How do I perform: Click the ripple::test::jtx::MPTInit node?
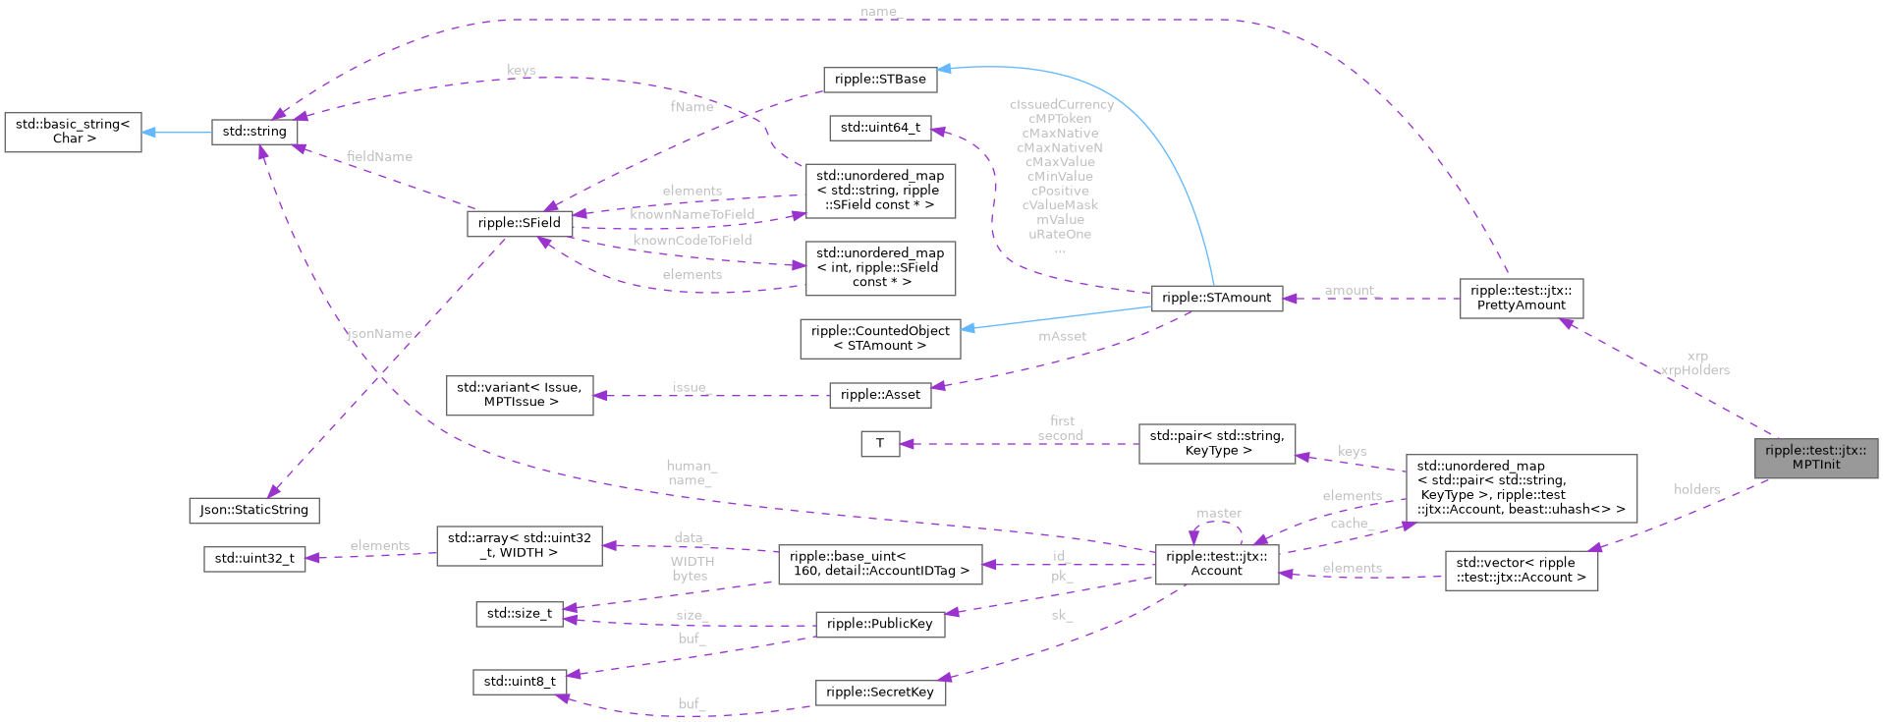pyautogui.click(x=1815, y=458)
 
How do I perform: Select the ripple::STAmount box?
pyautogui.click(x=1216, y=298)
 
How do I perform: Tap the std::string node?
pyautogui.click(x=254, y=132)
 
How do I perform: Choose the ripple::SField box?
pyautogui.click(x=519, y=223)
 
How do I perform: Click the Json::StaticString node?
pyautogui.click(x=254, y=510)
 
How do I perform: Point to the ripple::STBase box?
pyautogui.click(x=880, y=80)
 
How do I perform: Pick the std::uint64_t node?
pyautogui.click(x=880, y=128)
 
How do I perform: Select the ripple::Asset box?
pyautogui.click(x=880, y=395)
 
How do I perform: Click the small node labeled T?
pyautogui.click(x=880, y=444)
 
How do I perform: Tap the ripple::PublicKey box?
pyautogui.click(x=880, y=624)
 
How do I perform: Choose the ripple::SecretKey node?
pyautogui.click(x=880, y=693)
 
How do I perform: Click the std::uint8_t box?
pyautogui.click(x=520, y=682)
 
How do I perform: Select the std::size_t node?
pyautogui.click(x=520, y=614)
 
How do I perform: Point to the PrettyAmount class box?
pyautogui.click(x=1521, y=298)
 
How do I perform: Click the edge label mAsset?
pyautogui.click(x=1063, y=336)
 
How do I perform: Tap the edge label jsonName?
pyautogui.click(x=380, y=334)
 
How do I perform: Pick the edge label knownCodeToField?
pyautogui.click(x=692, y=240)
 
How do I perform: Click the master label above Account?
pyautogui.click(x=1219, y=513)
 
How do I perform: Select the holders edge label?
pyautogui.click(x=1697, y=489)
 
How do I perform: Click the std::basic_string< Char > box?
pyautogui.click(x=74, y=132)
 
